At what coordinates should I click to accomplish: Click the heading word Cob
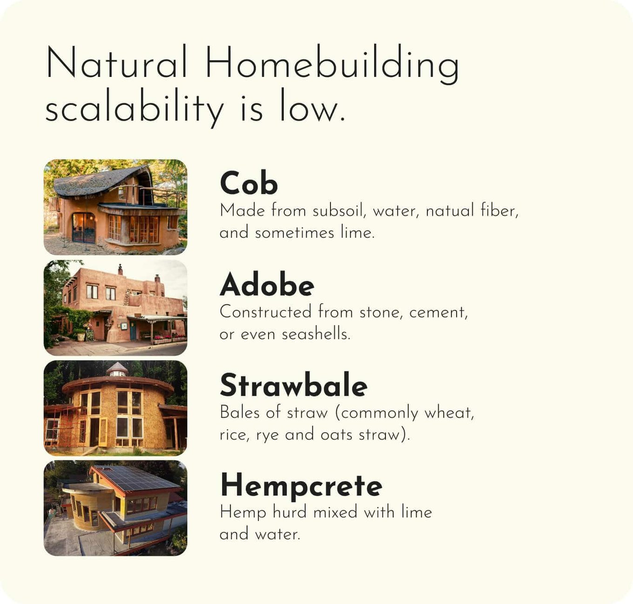(249, 183)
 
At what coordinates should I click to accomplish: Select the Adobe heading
(267, 284)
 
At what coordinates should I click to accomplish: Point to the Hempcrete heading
(301, 486)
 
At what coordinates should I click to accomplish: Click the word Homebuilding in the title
(332, 64)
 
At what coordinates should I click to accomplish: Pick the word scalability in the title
(134, 108)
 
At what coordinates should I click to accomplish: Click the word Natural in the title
(116, 62)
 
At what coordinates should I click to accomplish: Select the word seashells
(316, 334)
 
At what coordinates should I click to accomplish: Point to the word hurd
(289, 512)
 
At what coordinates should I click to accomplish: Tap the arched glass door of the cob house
(83, 228)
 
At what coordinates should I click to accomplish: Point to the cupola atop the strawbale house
(117, 369)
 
